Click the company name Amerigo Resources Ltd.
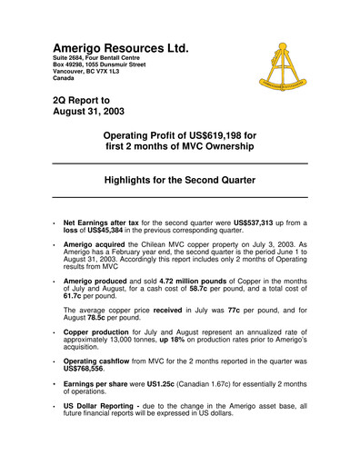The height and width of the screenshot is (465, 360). (x=120, y=47)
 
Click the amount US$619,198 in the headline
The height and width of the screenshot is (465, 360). (x=235, y=134)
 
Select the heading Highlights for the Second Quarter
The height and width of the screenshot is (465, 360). (x=180, y=181)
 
